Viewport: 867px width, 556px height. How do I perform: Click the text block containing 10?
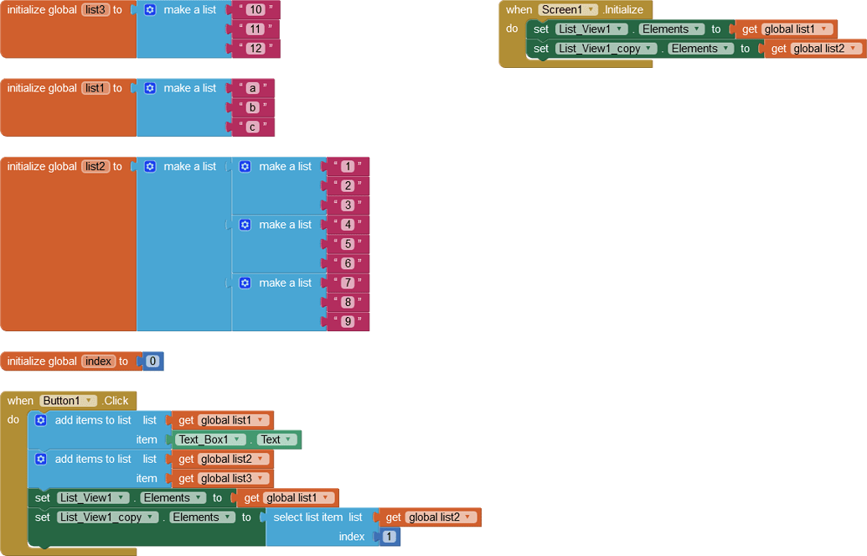[x=255, y=10]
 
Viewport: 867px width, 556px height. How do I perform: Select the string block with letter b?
[x=252, y=107]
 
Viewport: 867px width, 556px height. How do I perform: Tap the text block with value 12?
[x=255, y=49]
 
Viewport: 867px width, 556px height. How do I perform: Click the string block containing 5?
[x=348, y=244]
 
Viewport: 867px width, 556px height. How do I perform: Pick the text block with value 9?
[x=348, y=321]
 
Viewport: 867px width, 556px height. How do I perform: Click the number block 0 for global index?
[x=152, y=361]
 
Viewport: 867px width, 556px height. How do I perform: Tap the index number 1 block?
[x=390, y=537]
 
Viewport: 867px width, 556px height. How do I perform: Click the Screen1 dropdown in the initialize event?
[x=568, y=10]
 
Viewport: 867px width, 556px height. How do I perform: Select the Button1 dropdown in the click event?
[x=69, y=401]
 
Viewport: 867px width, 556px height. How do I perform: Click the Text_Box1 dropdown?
[x=211, y=439]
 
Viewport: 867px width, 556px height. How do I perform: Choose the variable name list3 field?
[x=95, y=10]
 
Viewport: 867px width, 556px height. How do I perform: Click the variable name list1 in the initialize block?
[x=95, y=88]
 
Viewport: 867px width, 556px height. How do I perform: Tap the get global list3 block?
[x=221, y=478]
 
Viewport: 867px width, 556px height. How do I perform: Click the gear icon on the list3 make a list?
[x=150, y=10]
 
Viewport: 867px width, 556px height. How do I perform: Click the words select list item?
[x=308, y=517]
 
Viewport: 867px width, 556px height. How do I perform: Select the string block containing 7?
[x=348, y=283]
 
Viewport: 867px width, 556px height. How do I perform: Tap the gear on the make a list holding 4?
[x=245, y=225]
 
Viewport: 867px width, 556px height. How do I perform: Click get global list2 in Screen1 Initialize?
[x=813, y=49]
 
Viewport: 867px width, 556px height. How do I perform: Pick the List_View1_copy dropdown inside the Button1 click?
[x=107, y=517]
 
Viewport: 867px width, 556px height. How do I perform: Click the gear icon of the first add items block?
[x=40, y=420]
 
